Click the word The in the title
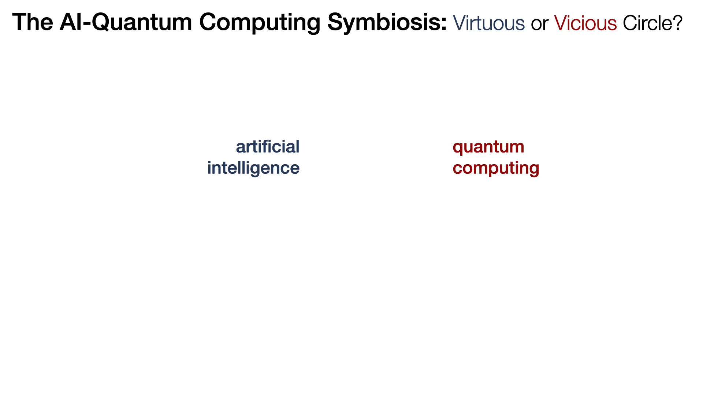pyautogui.click(x=33, y=22)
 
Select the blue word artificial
pyautogui.click(x=268, y=147)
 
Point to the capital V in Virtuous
pyautogui.click(x=460, y=23)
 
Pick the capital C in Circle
pyautogui.click(x=630, y=23)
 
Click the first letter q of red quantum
pyautogui.click(x=458, y=148)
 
